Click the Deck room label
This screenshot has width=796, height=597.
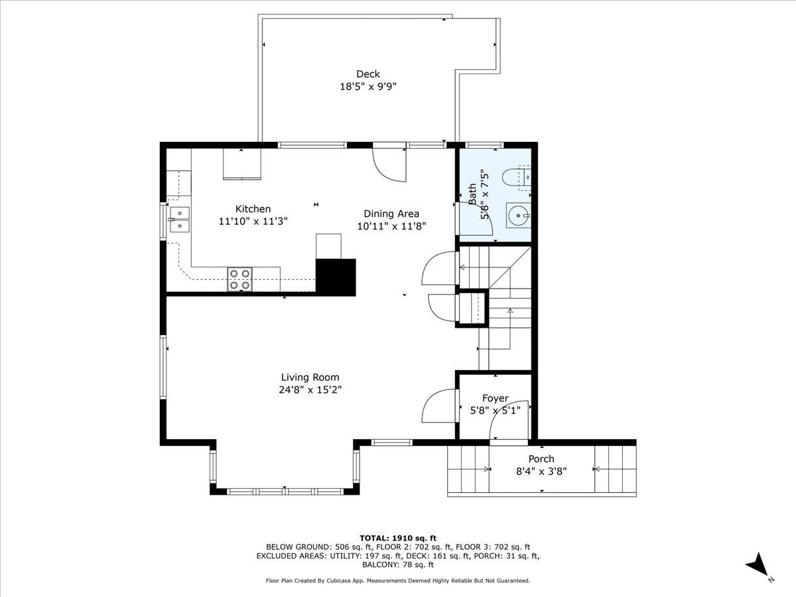(368, 74)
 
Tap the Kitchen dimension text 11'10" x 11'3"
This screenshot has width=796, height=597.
(253, 221)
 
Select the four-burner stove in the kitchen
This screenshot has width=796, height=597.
(240, 279)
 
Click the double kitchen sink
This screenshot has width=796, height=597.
(179, 220)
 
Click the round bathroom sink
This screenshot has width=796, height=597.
(518, 214)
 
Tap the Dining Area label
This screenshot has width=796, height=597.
(391, 214)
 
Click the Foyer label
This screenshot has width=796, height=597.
(495, 398)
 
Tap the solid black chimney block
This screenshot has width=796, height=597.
(336, 277)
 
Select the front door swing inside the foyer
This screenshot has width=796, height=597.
(509, 419)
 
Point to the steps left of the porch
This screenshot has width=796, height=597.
(468, 469)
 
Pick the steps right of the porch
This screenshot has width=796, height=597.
(615, 469)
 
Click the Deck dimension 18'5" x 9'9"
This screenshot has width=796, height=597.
(368, 86)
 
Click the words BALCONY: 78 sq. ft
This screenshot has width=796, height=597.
(398, 565)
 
